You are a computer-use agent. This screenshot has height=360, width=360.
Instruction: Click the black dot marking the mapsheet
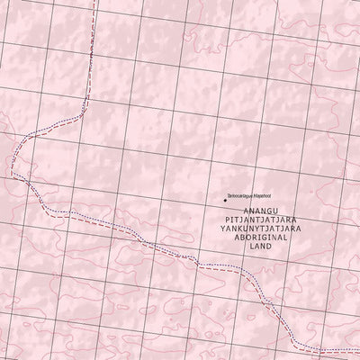(224, 200)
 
